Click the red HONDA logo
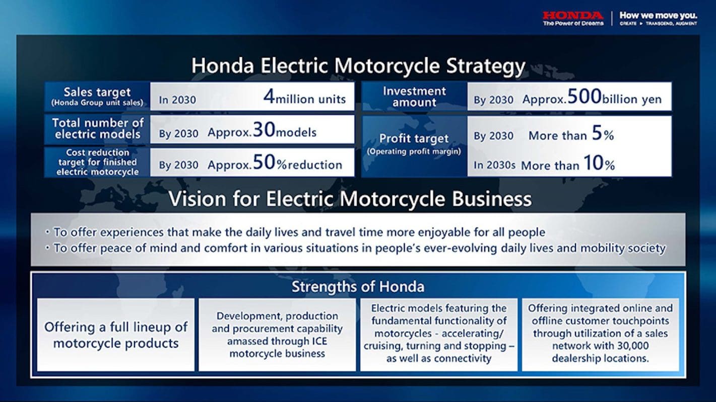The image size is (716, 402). coord(573,16)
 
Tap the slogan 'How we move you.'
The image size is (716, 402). coord(658,16)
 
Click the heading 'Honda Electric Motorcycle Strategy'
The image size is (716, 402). coord(358,66)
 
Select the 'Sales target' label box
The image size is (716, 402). coord(97,96)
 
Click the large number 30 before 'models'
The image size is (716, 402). coord(264,130)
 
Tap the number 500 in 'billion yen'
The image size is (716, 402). coord(583,97)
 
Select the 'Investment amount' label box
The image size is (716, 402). coord(414,96)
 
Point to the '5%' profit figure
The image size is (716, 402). coord(602,134)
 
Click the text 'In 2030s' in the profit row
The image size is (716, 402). coord(494,165)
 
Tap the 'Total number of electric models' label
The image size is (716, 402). coord(97,129)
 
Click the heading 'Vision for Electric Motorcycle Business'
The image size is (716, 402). coord(350,199)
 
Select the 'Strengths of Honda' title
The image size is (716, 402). coord(358,287)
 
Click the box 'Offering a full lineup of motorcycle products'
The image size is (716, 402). coord(116,335)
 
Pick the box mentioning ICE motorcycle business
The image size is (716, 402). coord(277,335)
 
